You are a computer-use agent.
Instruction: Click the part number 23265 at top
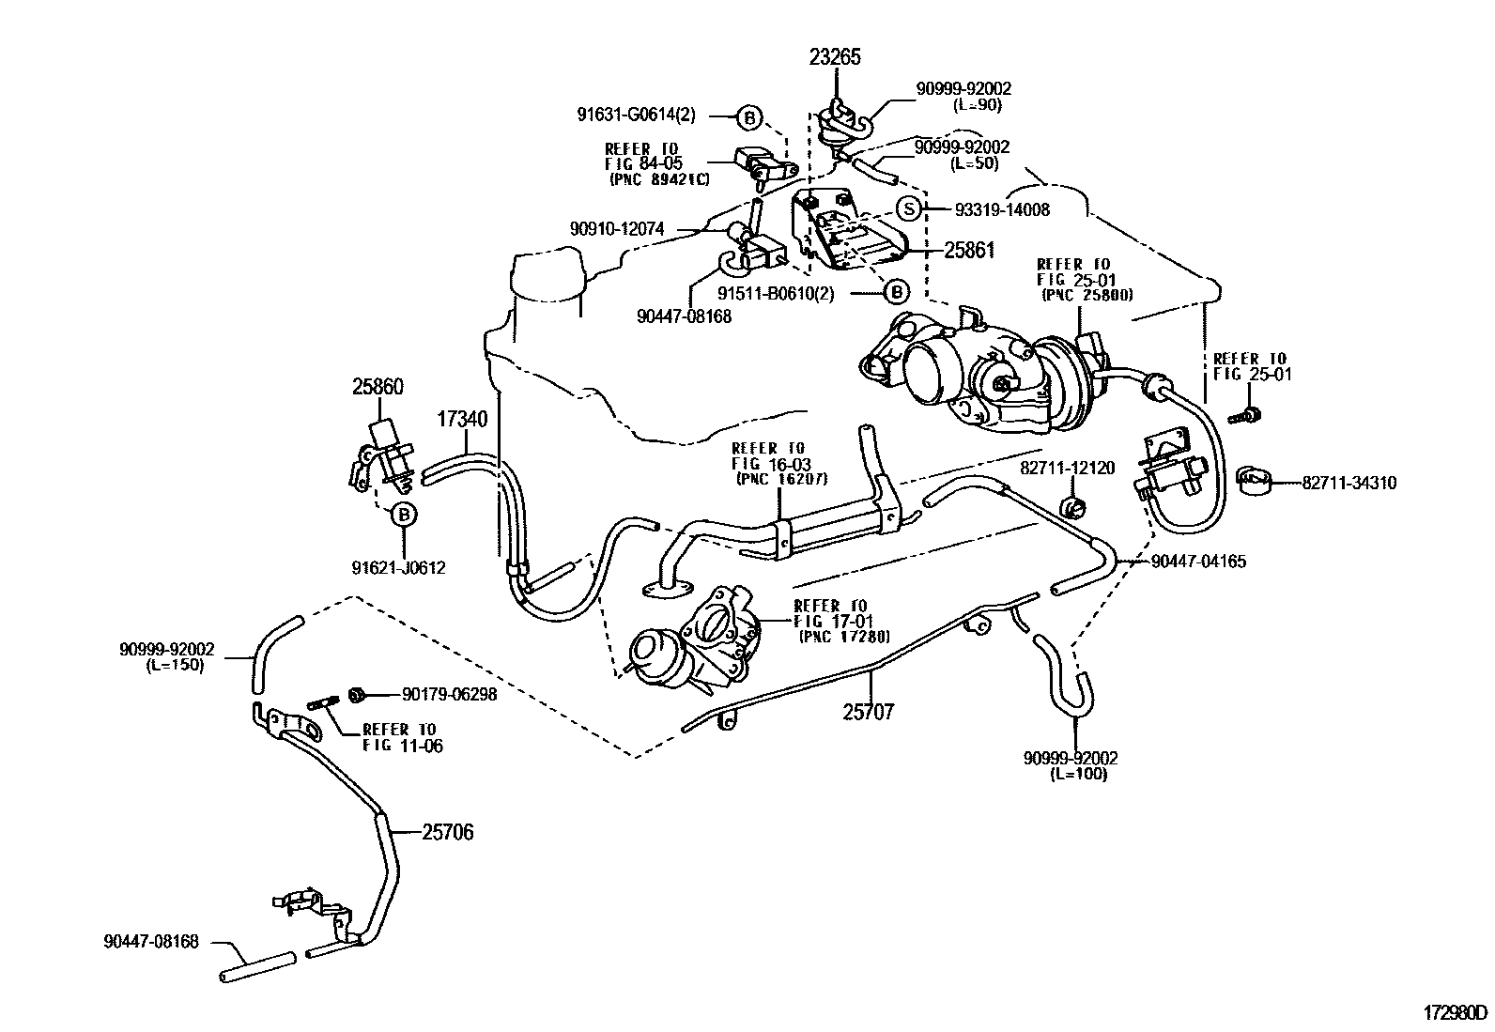pyautogui.click(x=835, y=57)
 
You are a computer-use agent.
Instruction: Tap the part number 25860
pyautogui.click(x=378, y=386)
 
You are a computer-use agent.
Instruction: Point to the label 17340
pyautogui.click(x=461, y=418)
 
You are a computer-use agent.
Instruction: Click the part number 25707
pyautogui.click(x=868, y=712)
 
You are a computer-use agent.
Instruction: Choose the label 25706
pyautogui.click(x=447, y=832)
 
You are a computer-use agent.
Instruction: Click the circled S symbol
pyautogui.click(x=907, y=209)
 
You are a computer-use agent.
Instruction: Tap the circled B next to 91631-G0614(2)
pyautogui.click(x=748, y=117)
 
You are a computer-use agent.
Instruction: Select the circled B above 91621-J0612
pyautogui.click(x=403, y=515)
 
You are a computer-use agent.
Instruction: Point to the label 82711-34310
pyautogui.click(x=1349, y=484)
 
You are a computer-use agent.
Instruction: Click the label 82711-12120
pyautogui.click(x=1068, y=467)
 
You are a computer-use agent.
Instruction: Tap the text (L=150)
pyautogui.click(x=176, y=665)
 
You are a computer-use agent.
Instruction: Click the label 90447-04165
pyautogui.click(x=1199, y=562)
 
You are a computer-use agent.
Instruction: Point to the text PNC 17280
pyautogui.click(x=844, y=638)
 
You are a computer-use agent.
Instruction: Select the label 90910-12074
pyautogui.click(x=617, y=228)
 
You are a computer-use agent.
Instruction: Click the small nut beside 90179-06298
pyautogui.click(x=357, y=694)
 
